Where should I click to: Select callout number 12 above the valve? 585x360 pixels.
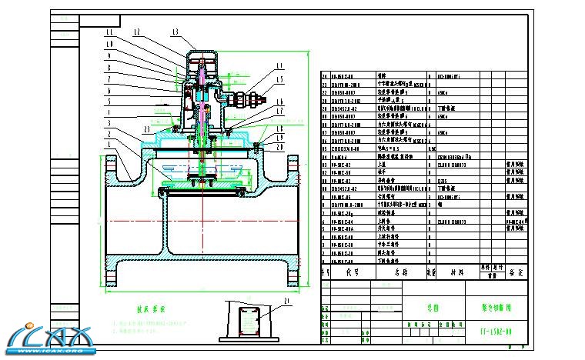pyautogui.click(x=136, y=32)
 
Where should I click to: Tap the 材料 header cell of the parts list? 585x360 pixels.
pyautogui.click(x=456, y=272)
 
